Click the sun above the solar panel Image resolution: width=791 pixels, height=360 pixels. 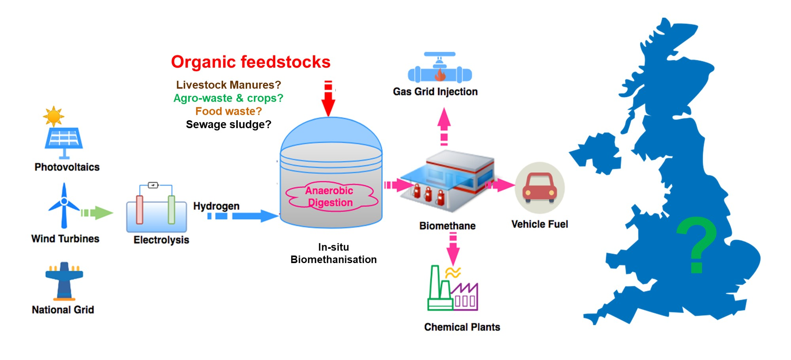53,116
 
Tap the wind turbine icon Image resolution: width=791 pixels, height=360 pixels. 64,206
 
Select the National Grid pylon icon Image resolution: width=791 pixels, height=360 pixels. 64,281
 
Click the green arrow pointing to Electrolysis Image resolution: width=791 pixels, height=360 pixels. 98,213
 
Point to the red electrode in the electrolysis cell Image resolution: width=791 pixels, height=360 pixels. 140,209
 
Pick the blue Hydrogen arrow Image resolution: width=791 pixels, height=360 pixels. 243,216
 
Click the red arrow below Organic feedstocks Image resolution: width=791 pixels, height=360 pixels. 328,99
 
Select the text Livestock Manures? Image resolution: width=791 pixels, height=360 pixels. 228,85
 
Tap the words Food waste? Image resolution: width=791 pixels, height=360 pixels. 228,111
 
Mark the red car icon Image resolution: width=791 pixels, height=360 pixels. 539,188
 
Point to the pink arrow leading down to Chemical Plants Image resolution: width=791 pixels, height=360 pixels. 453,249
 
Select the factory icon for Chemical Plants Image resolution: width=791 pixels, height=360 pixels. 453,289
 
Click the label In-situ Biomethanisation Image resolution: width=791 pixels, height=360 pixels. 333,253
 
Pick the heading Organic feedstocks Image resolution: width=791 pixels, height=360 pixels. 250,62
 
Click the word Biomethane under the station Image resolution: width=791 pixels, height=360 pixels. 447,226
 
